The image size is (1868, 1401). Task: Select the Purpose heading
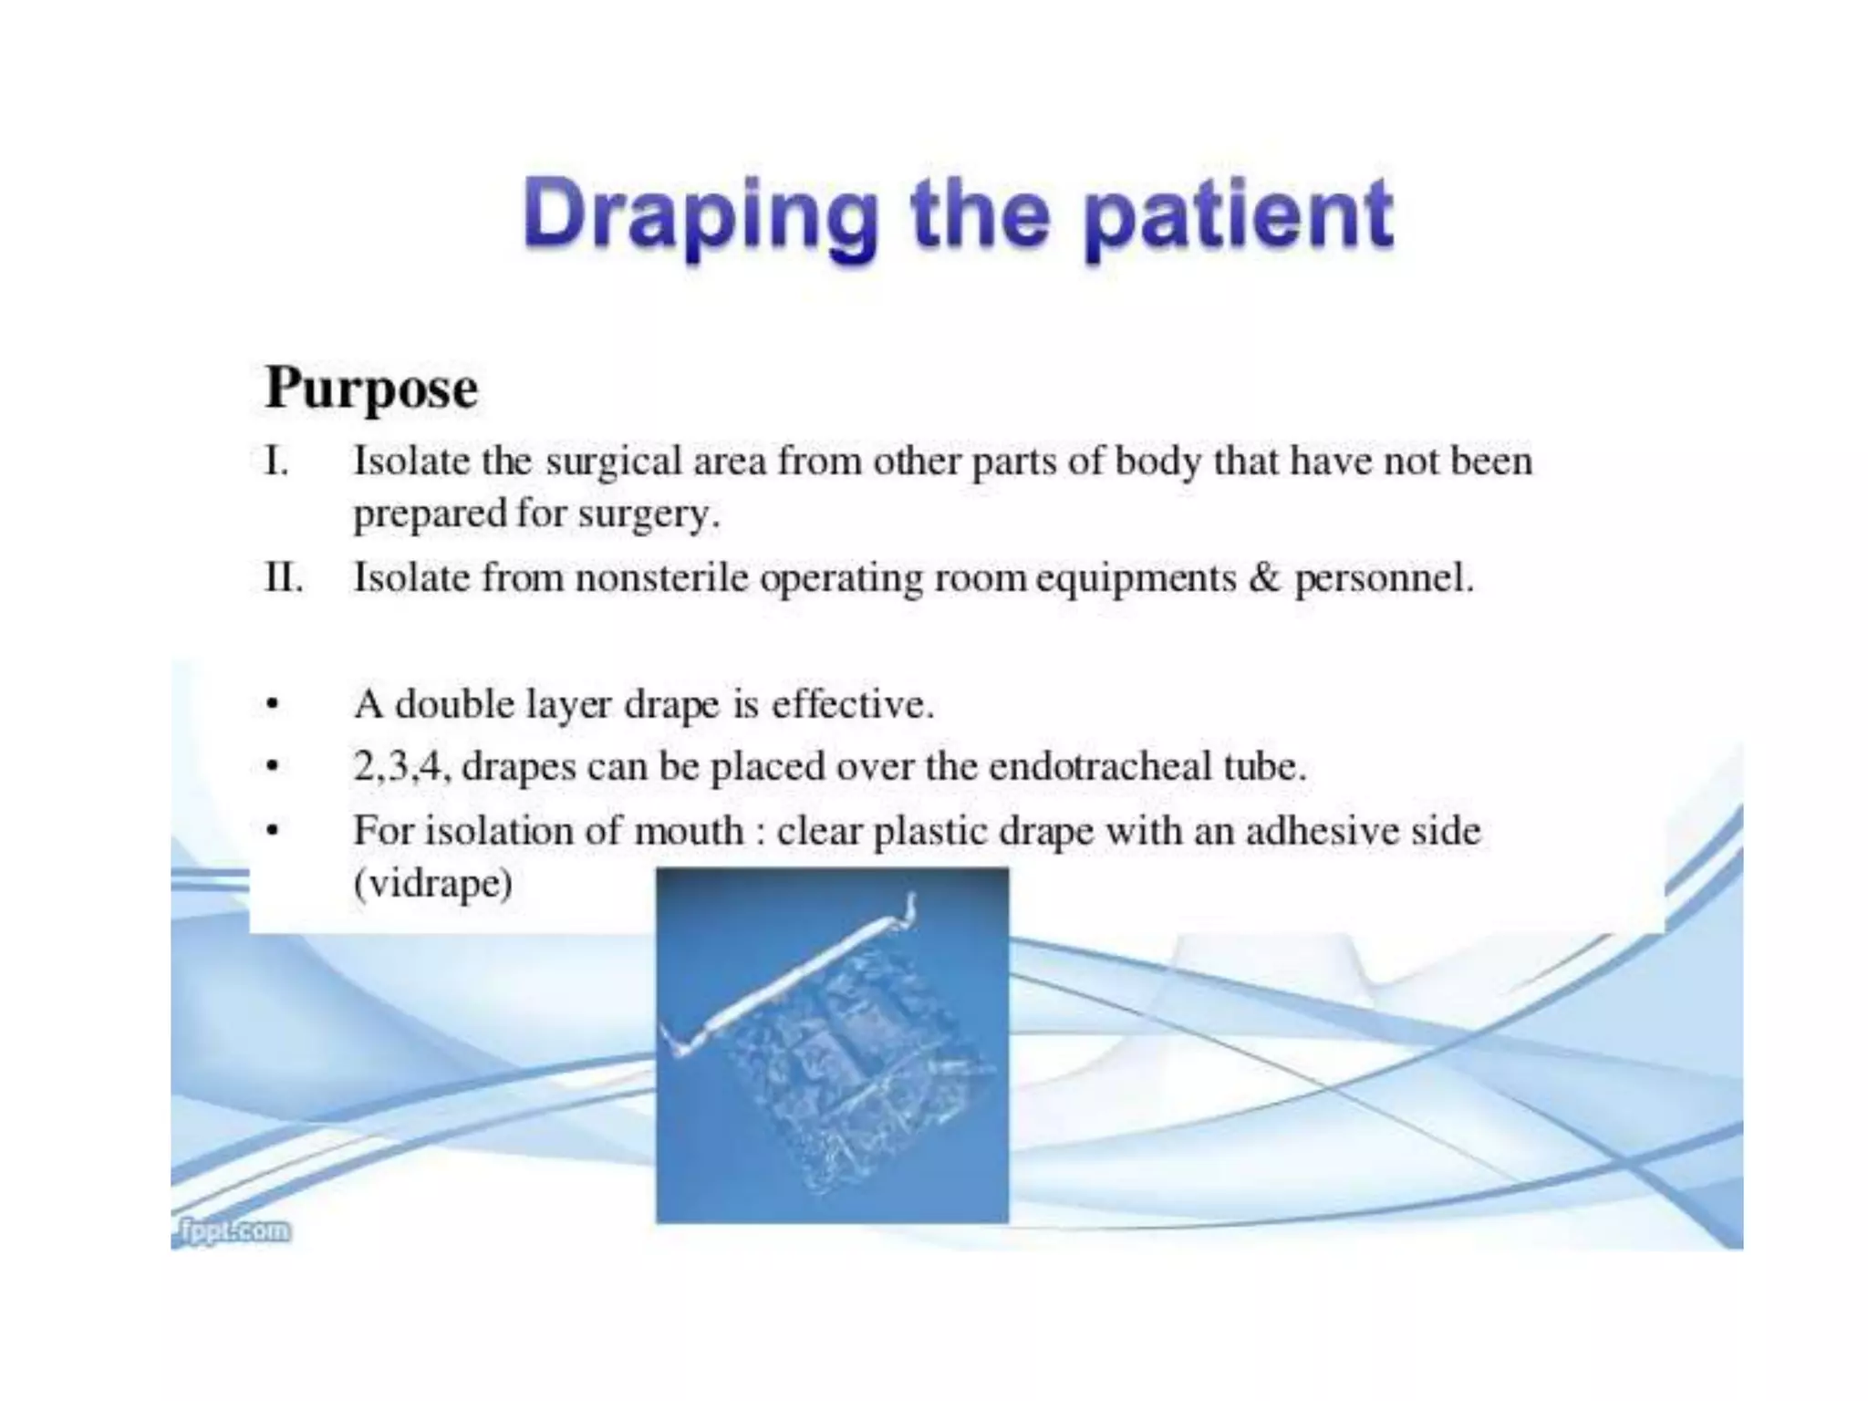pyautogui.click(x=371, y=389)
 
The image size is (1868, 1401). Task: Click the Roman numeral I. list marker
pyautogui.click(x=276, y=462)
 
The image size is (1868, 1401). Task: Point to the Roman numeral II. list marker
pyautogui.click(x=284, y=578)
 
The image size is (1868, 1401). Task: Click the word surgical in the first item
pyautogui.click(x=614, y=462)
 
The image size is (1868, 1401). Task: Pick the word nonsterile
pyautogui.click(x=661, y=578)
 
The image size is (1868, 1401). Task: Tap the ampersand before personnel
pyautogui.click(x=1263, y=578)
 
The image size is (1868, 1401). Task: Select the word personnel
pyautogui.click(x=1383, y=578)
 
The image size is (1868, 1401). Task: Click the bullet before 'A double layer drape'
pyautogui.click(x=271, y=705)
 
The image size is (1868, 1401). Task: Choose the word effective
pyautogui.click(x=852, y=705)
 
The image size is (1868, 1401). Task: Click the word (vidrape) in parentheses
pyautogui.click(x=433, y=883)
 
